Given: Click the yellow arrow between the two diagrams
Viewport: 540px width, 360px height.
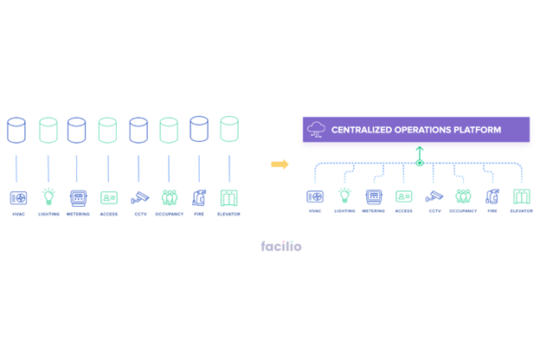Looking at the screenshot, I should (x=280, y=164).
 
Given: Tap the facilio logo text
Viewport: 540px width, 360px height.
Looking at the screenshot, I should (x=281, y=247).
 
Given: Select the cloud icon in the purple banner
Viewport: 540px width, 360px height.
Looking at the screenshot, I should (x=316, y=130).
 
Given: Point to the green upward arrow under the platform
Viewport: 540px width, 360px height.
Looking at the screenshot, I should (x=420, y=154).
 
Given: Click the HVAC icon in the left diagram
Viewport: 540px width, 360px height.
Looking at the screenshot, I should (x=18, y=198).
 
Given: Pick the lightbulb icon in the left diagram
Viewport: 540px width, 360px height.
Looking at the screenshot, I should (x=48, y=197).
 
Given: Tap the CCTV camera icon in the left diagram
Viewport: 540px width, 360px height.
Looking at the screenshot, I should (x=139, y=198).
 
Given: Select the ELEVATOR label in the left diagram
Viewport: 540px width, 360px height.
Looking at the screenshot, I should (x=228, y=214).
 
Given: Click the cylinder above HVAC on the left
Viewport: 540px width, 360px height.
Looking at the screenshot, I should (x=16, y=131).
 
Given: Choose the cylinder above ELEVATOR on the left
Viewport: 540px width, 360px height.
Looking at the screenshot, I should (x=228, y=130).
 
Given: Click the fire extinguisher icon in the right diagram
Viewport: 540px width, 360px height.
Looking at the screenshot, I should (x=492, y=196).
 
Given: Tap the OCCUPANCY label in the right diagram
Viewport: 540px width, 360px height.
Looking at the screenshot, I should (x=463, y=211).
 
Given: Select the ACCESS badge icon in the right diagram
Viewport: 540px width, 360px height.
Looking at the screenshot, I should (x=404, y=197).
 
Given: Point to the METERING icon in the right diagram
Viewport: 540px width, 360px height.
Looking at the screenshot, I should (x=374, y=196).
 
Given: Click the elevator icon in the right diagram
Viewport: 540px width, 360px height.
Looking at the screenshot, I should (x=521, y=196).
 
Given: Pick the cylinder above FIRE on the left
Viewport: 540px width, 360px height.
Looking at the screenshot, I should (x=199, y=130).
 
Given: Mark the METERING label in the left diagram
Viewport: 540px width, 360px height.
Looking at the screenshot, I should (x=78, y=214).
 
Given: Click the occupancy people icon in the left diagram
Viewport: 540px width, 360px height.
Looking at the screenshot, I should (x=170, y=198).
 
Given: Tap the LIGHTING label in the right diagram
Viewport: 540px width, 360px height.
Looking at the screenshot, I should (x=344, y=211).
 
